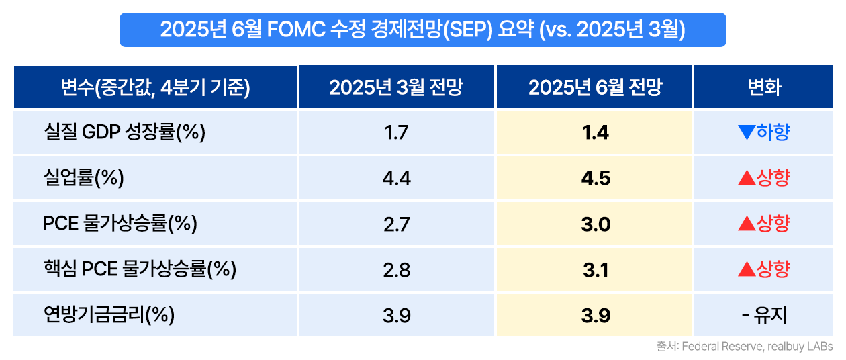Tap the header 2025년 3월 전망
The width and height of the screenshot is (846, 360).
pos(396,87)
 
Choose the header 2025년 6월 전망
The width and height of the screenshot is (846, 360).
pos(595,87)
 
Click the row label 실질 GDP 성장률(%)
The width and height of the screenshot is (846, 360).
pos(124,132)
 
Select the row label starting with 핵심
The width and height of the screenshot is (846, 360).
pos(140,269)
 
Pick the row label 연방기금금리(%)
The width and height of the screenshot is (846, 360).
pos(109,315)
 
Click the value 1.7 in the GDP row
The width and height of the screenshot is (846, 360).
pos(396,132)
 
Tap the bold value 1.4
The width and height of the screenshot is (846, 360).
pos(595,132)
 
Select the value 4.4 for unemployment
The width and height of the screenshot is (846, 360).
pos(396,178)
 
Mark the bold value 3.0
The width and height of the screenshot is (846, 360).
pos(595,224)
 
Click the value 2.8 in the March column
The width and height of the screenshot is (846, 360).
pos(396,269)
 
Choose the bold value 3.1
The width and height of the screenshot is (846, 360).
pos(595,269)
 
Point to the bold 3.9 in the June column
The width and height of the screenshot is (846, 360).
pos(595,315)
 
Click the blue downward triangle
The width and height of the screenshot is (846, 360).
pos(745,132)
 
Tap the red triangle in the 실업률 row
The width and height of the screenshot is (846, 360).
pos(745,178)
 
